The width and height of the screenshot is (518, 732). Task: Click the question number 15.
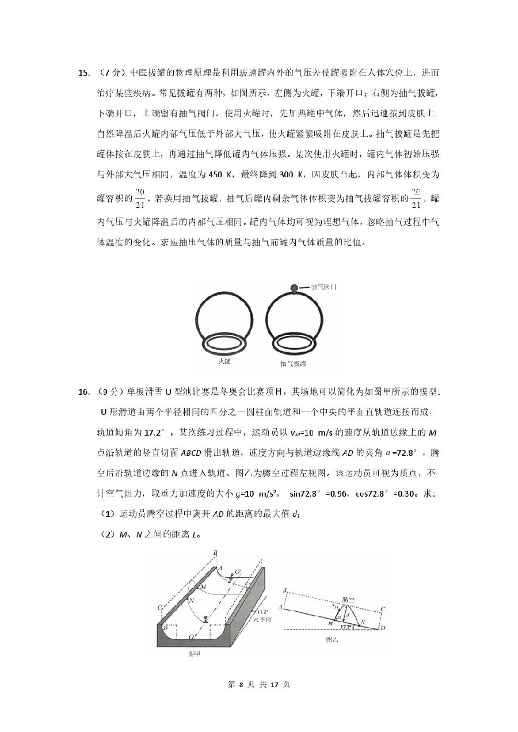point(83,73)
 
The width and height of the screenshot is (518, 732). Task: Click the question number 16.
point(83,392)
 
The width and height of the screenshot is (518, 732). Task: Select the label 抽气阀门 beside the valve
point(323,287)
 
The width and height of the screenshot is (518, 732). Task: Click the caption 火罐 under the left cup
point(224,361)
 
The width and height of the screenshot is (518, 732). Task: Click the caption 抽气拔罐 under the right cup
point(293,364)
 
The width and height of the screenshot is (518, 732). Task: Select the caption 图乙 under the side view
point(333,639)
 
